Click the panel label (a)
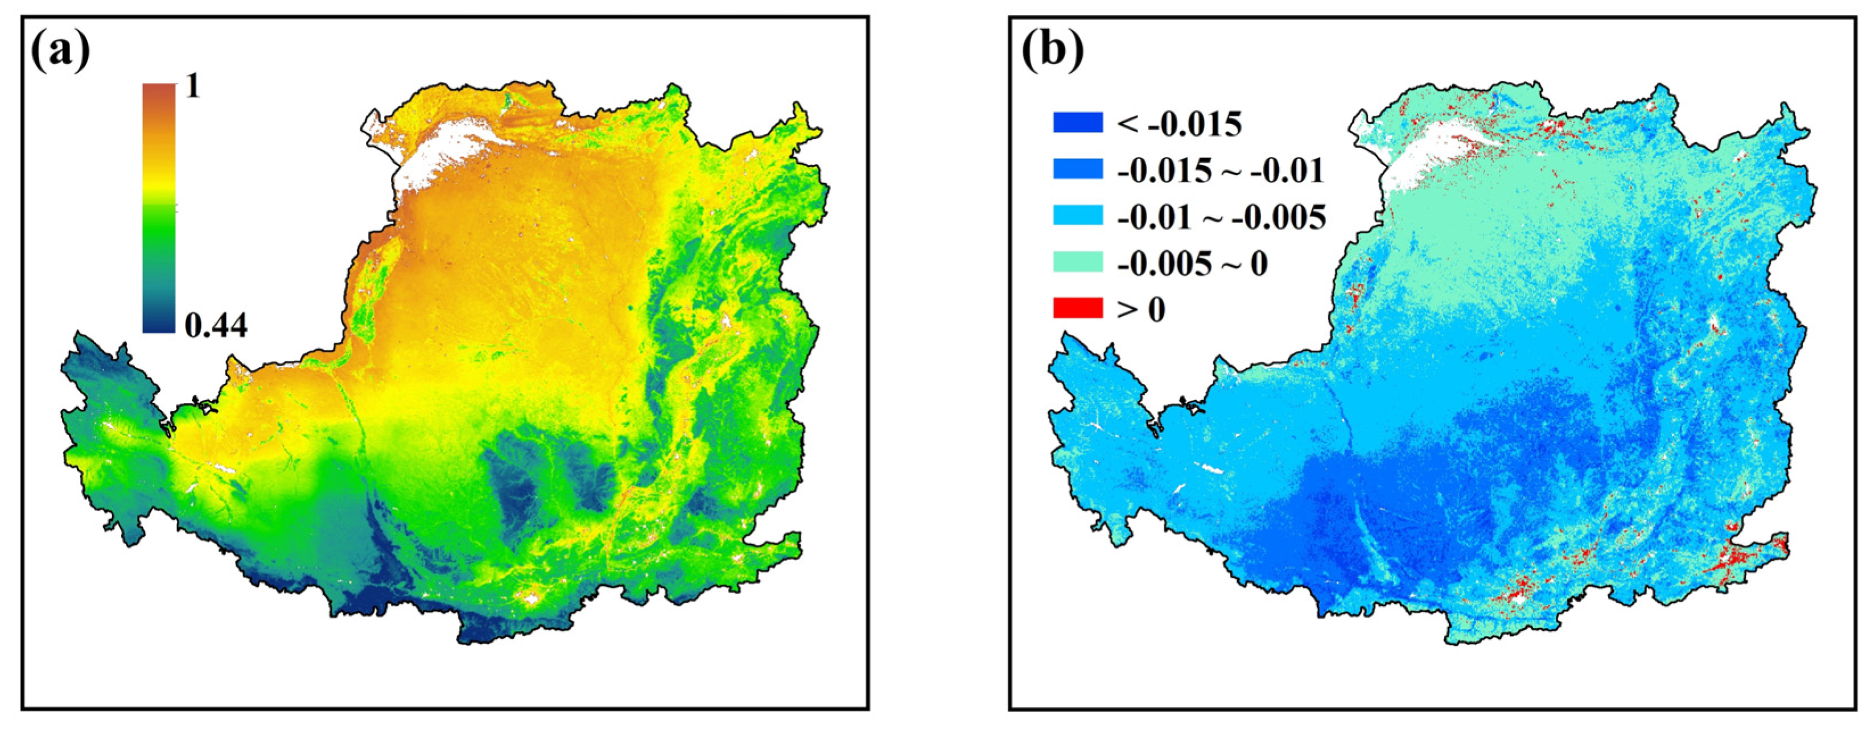pyautogui.click(x=60, y=51)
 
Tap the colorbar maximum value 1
pyautogui.click(x=192, y=88)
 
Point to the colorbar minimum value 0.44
pyautogui.click(x=216, y=326)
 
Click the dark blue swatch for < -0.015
pyautogui.click(x=1077, y=123)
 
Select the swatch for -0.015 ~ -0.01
pyautogui.click(x=1077, y=169)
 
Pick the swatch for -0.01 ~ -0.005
pyautogui.click(x=1077, y=216)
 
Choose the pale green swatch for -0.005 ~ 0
pyautogui.click(x=1077, y=263)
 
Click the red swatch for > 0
pyautogui.click(x=1077, y=309)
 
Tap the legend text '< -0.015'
pyautogui.click(x=1179, y=125)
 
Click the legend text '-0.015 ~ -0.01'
pyautogui.click(x=1220, y=171)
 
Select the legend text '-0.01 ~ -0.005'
pyautogui.click(x=1221, y=218)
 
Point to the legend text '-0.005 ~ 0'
pyautogui.click(x=1192, y=264)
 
